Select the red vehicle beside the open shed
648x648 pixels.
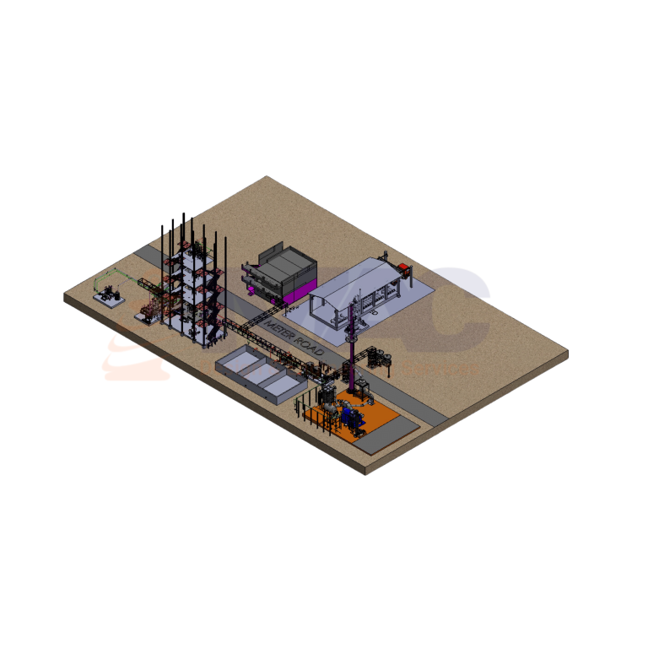pyautogui.click(x=404, y=270)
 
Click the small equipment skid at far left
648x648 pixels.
pyautogui.click(x=107, y=295)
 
